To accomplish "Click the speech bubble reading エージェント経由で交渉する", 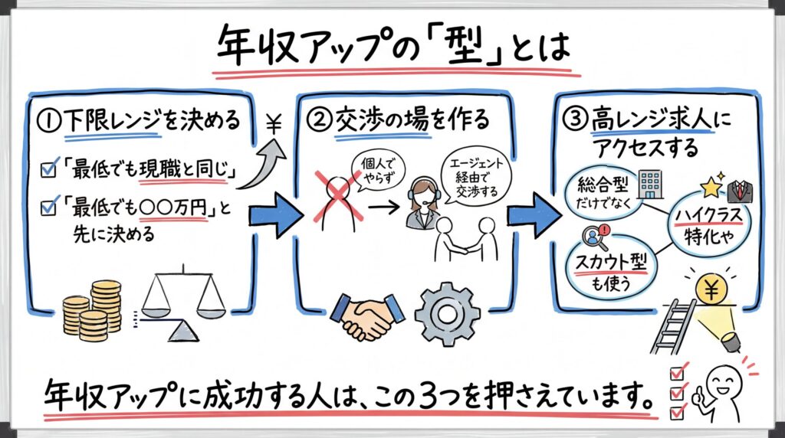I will pos(471,176).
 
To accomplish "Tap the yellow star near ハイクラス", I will pos(709,186).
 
